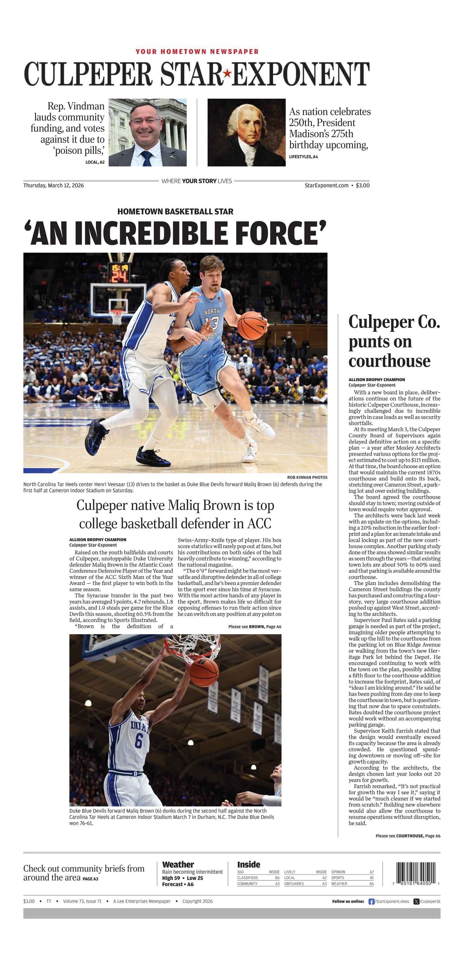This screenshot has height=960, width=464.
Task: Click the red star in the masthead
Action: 227,74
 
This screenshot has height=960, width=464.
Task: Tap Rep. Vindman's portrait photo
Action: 147,132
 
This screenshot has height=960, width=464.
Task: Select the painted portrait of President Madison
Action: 246,132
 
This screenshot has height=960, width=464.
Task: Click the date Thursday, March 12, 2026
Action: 54,185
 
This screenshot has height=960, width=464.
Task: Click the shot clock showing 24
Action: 119,276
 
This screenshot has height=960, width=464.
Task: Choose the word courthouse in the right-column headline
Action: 389,361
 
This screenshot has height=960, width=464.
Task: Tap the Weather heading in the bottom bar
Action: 178,865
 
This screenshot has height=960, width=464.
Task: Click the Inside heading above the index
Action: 249,864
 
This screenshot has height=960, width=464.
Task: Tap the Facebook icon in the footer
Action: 371,901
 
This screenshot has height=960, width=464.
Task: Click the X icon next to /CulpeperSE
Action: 416,901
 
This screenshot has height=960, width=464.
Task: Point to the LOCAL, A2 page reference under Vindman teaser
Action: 95,162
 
